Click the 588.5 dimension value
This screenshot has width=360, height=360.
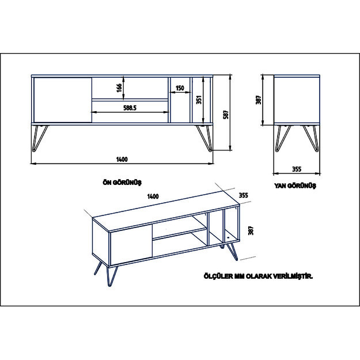click(x=130, y=108)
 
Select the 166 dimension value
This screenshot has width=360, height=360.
click(x=119, y=88)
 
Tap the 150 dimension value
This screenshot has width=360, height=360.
click(x=180, y=88)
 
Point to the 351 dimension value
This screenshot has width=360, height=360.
click(x=199, y=100)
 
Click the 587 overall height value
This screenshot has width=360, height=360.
click(x=226, y=115)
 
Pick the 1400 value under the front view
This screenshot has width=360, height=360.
click(x=122, y=160)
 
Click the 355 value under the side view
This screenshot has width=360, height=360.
click(x=297, y=169)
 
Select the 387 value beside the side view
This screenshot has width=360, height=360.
click(x=258, y=100)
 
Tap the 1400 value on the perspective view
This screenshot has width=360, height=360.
click(x=153, y=196)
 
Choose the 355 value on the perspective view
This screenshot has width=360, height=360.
click(x=244, y=195)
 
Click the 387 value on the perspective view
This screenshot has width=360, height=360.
click(x=251, y=230)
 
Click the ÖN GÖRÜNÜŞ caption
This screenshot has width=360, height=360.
click(x=122, y=183)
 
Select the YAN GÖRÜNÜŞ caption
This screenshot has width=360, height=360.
click(x=295, y=185)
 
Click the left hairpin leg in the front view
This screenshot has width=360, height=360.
click(x=39, y=138)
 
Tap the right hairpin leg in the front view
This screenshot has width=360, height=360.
click(x=204, y=138)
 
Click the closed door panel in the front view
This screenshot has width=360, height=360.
click(x=63, y=100)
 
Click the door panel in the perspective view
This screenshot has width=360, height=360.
click(x=131, y=245)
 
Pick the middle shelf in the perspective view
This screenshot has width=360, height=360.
click(x=180, y=233)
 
